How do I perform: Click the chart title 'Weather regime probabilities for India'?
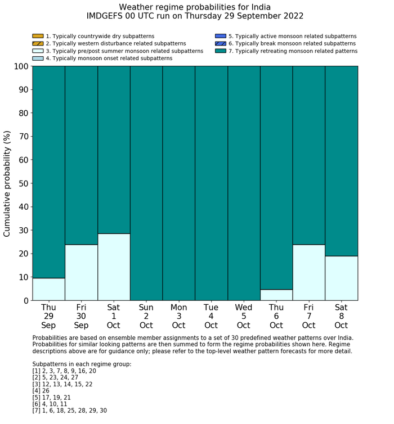195,7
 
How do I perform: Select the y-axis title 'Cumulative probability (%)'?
7,183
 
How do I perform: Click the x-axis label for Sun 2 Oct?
146,316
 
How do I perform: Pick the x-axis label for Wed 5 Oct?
244,316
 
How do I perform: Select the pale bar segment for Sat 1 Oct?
114,267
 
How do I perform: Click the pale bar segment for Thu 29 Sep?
48,289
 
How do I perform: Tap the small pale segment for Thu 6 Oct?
276,295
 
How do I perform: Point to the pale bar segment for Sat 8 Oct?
342,278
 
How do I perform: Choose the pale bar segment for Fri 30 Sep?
81,273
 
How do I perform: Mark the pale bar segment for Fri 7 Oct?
309,273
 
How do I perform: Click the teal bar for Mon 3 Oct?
179,183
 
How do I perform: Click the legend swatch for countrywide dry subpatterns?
38,37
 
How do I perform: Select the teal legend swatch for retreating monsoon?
220,51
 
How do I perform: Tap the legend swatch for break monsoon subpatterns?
220,44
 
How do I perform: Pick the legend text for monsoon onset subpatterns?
109,58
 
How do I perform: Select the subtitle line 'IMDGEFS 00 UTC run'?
195,16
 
